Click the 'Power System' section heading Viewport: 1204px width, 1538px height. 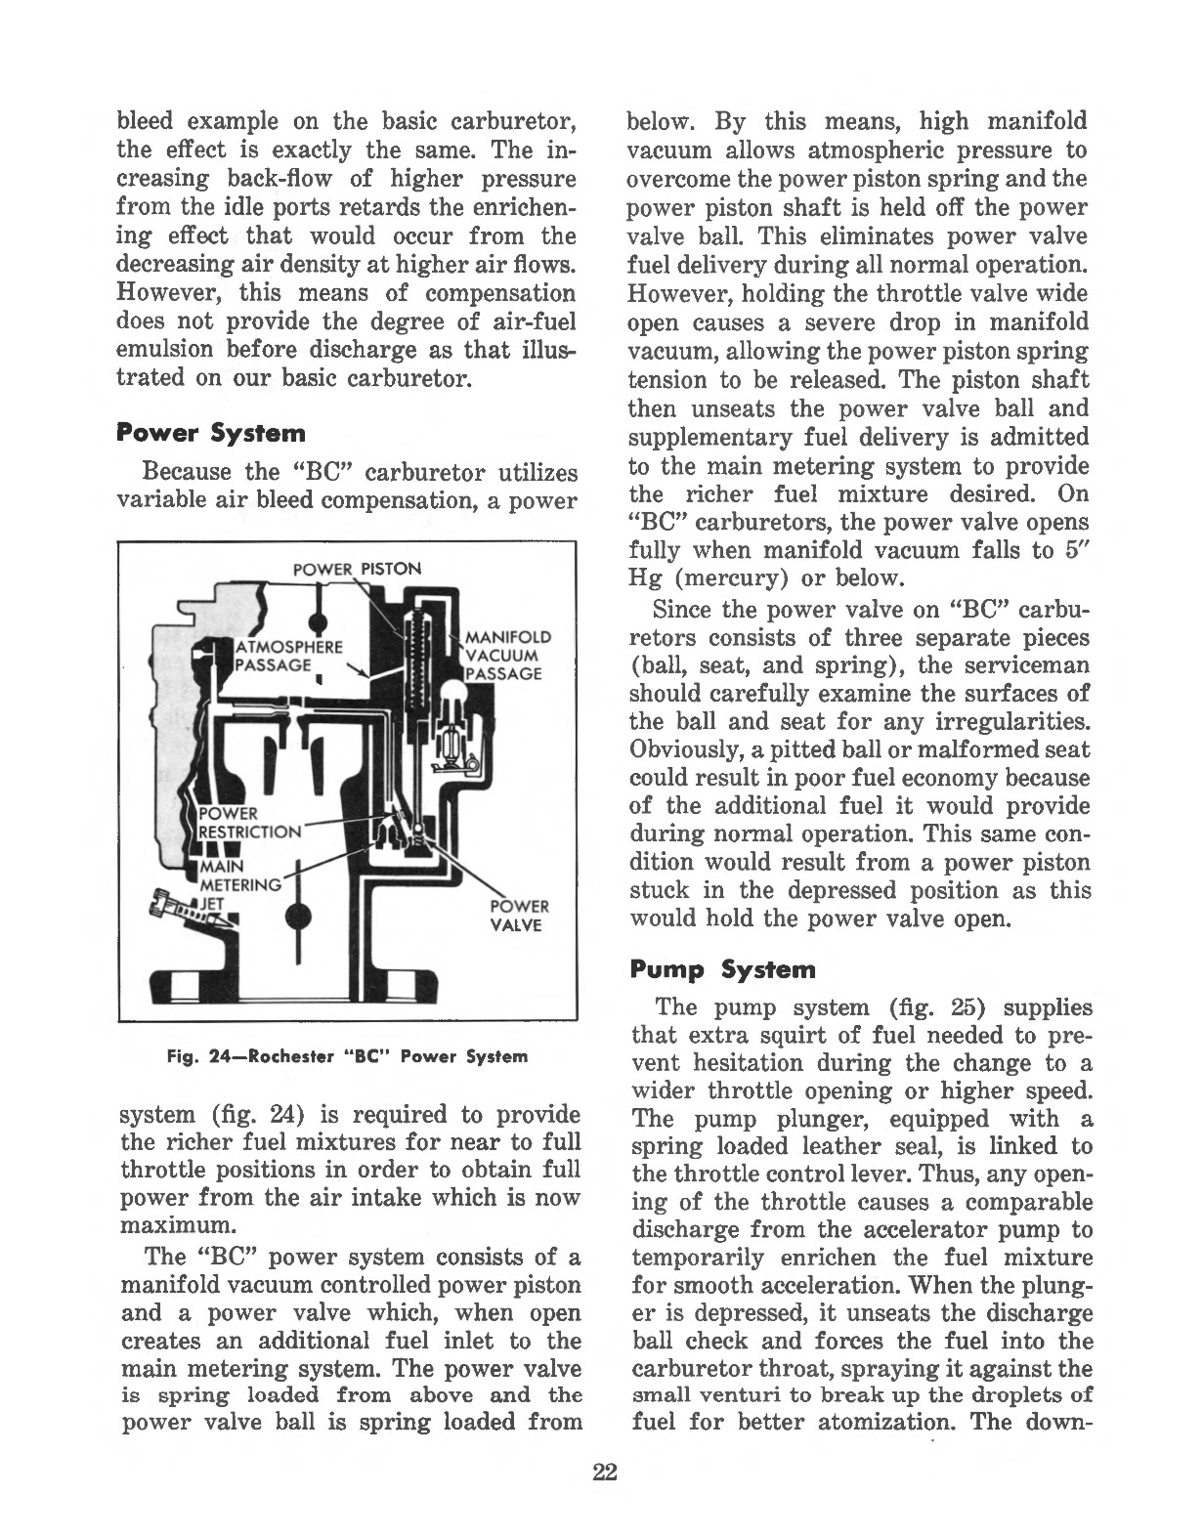coord(210,432)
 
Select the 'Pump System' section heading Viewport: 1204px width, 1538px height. coord(722,969)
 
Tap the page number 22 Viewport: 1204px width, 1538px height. coord(601,1473)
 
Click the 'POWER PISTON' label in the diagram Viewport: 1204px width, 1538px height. coord(358,569)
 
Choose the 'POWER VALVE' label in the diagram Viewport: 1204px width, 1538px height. coord(519,915)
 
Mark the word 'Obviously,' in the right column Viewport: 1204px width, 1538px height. coord(674,749)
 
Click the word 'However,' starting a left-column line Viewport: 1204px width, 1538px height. coord(158,293)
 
